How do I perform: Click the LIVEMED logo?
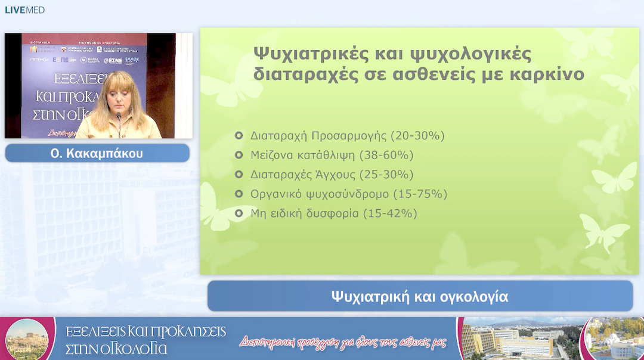[x=24, y=10]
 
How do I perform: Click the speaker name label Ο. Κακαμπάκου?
[x=97, y=154]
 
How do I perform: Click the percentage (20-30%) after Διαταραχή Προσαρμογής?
[x=417, y=136]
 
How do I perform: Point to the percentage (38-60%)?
[x=386, y=155]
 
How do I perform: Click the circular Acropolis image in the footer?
[x=26, y=338]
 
